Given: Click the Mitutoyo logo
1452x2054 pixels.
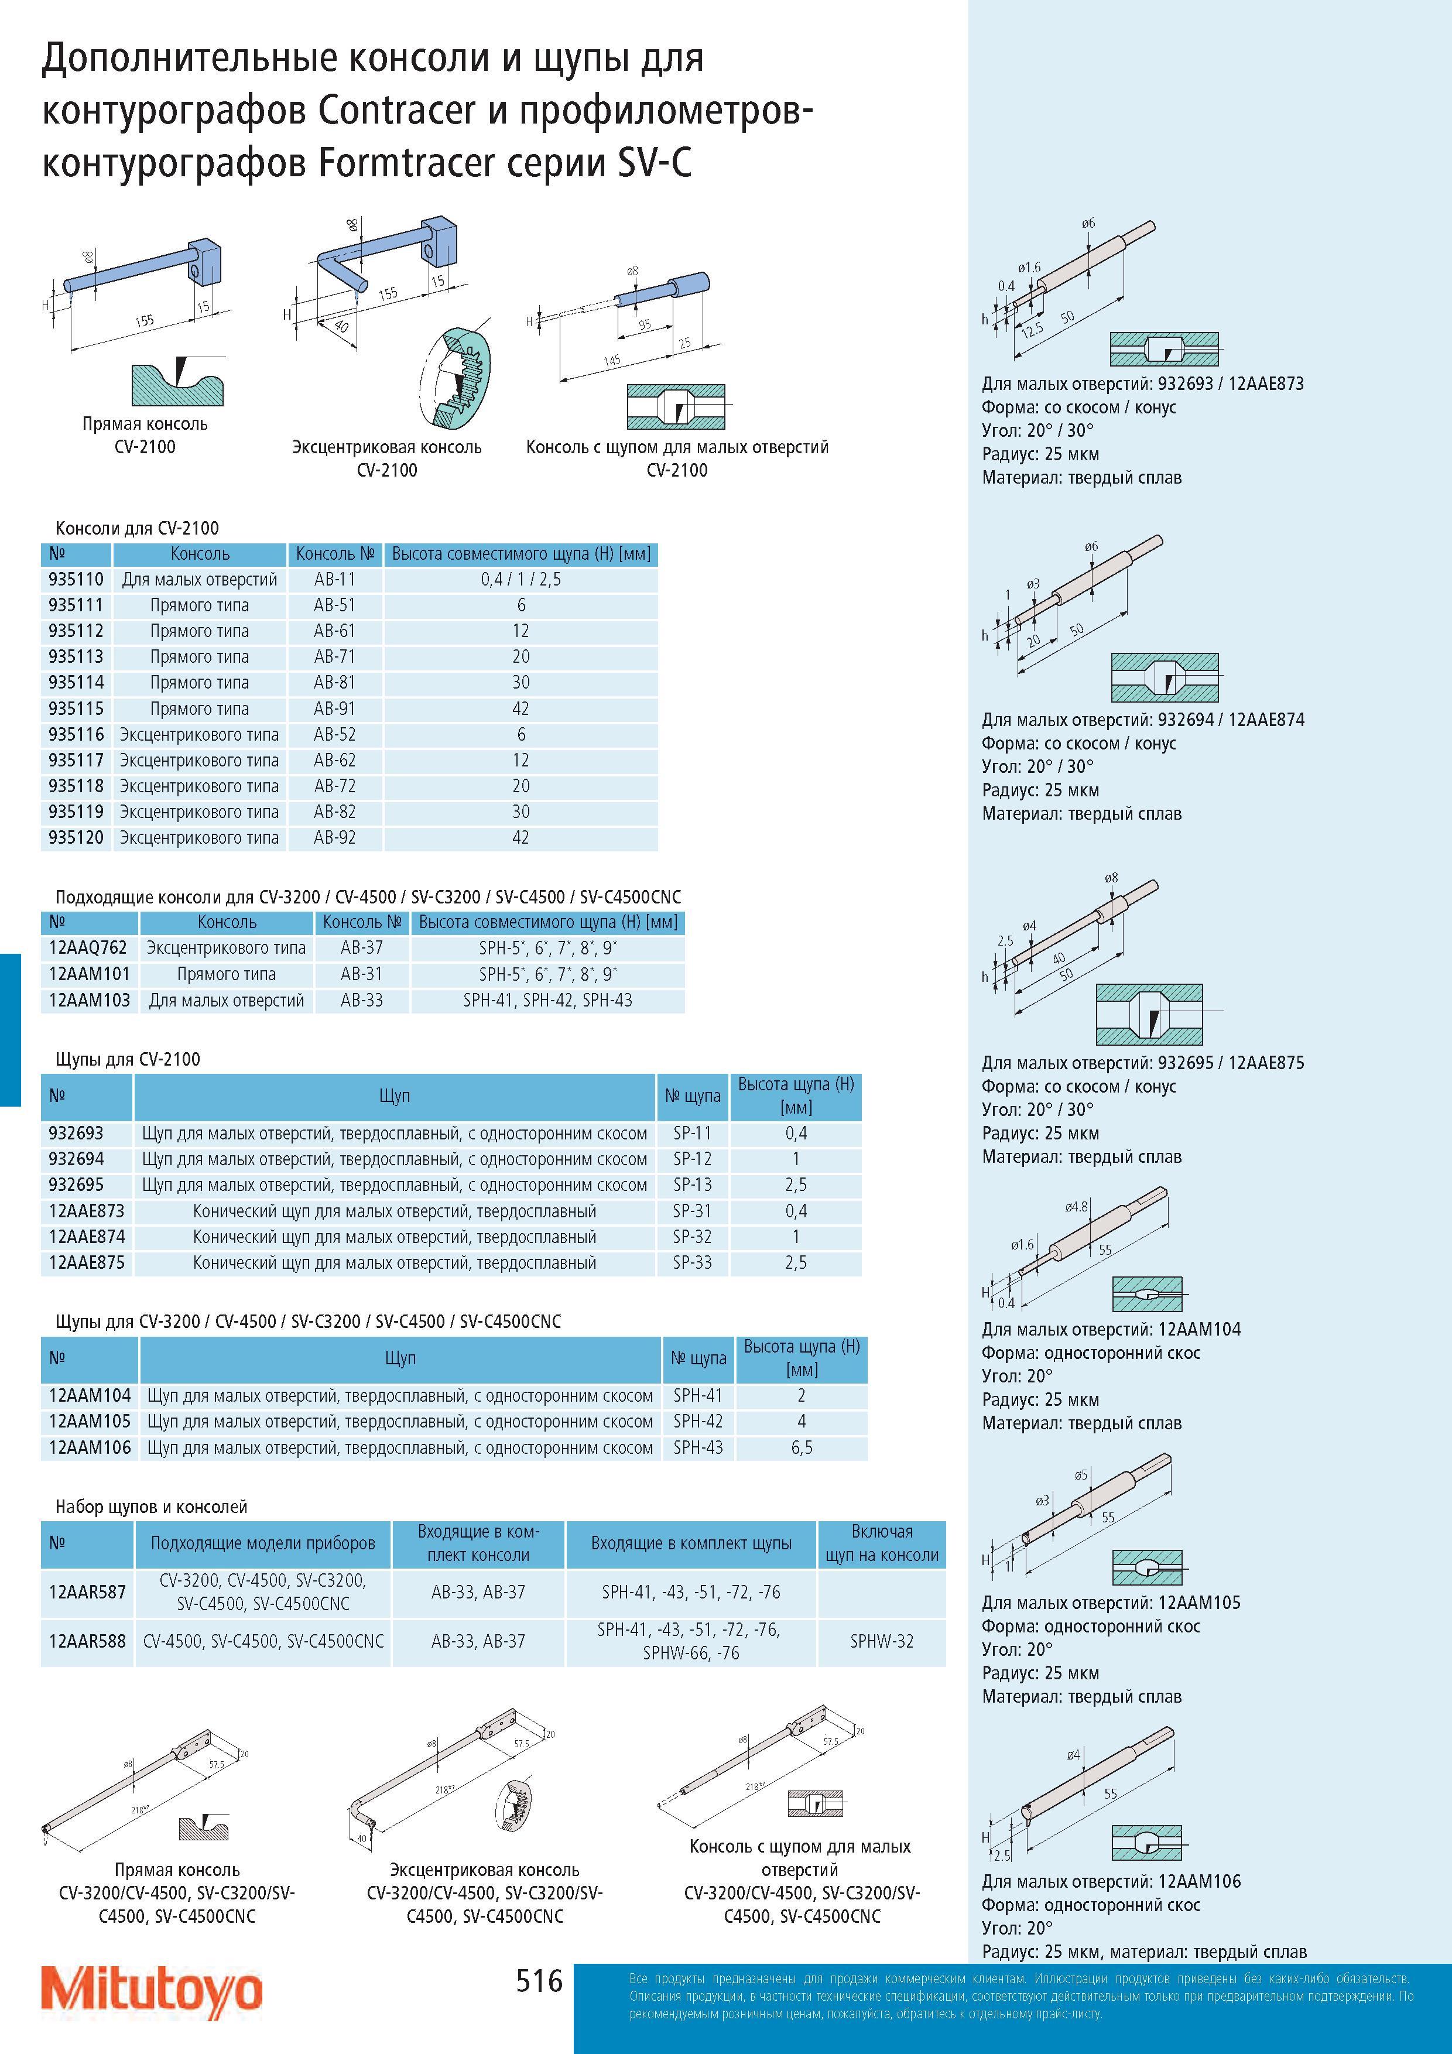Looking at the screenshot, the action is pyautogui.click(x=153, y=1988).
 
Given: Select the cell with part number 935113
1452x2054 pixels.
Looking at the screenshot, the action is pyautogui.click(x=76, y=656).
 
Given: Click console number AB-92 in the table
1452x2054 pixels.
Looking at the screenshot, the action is pyautogui.click(x=334, y=837).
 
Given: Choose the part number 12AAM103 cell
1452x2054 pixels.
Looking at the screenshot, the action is pyautogui.click(x=90, y=1000).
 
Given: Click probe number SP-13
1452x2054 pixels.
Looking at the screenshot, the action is pyautogui.click(x=693, y=1185).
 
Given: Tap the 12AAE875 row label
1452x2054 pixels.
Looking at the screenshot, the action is pyautogui.click(x=87, y=1262).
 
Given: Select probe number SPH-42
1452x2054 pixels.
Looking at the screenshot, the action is pyautogui.click(x=698, y=1420).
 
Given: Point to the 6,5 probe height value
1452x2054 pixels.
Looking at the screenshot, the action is pyautogui.click(x=802, y=1447).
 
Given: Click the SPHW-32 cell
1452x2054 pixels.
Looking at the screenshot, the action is pyautogui.click(x=882, y=1642).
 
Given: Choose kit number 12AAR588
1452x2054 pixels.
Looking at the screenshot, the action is pyautogui.click(x=88, y=1642).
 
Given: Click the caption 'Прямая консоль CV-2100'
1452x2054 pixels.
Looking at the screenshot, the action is pyautogui.click(x=145, y=435).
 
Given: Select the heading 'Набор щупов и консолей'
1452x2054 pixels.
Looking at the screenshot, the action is pyautogui.click(x=151, y=1507).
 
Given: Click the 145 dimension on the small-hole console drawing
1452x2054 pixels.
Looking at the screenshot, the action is pyautogui.click(x=612, y=361).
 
